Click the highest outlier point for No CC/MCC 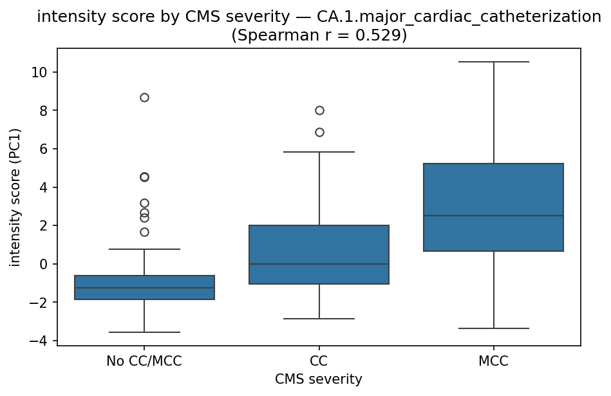pyautogui.click(x=144, y=97)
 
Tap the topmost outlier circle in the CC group pyautogui.click(x=319, y=110)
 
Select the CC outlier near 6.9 pyautogui.click(x=319, y=132)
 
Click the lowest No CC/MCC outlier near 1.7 pyautogui.click(x=144, y=232)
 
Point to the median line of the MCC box pyautogui.click(x=493, y=216)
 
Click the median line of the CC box pyautogui.click(x=319, y=264)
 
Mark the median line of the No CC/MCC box pyautogui.click(x=144, y=288)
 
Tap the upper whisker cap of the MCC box pyautogui.click(x=493, y=62)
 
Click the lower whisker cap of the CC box pyautogui.click(x=319, y=319)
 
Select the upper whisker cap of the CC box pyautogui.click(x=319, y=152)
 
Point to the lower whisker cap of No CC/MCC pyautogui.click(x=144, y=332)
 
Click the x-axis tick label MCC pyautogui.click(x=493, y=361)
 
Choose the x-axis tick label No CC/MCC pyautogui.click(x=144, y=361)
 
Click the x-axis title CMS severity pyautogui.click(x=319, y=380)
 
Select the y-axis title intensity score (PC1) pyautogui.click(x=15, y=197)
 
